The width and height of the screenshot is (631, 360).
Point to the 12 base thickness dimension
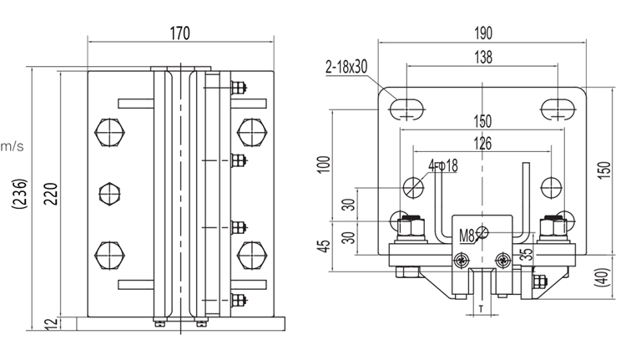(52, 323)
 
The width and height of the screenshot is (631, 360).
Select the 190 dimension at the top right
(482, 33)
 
